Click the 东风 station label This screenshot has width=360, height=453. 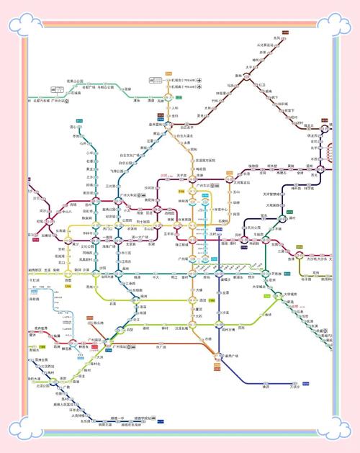point(277,37)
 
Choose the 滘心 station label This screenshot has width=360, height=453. point(73,127)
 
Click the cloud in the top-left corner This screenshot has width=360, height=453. point(22,26)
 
